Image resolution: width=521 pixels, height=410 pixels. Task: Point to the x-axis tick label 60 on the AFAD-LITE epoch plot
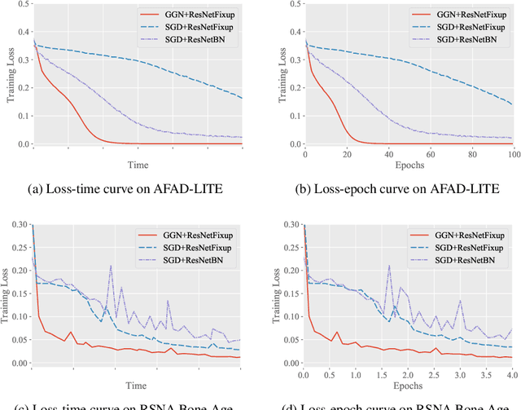coord(428,153)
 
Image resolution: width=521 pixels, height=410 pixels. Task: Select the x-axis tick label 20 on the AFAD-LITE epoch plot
coord(346,153)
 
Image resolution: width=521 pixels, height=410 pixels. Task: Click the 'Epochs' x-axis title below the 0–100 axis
coord(407,165)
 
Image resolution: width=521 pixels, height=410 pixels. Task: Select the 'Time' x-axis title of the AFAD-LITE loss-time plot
coord(140,165)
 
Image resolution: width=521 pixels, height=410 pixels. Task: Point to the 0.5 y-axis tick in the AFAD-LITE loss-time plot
coord(24,7)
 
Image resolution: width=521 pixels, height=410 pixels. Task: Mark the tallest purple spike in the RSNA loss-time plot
coord(112,266)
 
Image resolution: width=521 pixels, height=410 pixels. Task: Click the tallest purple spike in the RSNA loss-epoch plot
coord(389,265)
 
